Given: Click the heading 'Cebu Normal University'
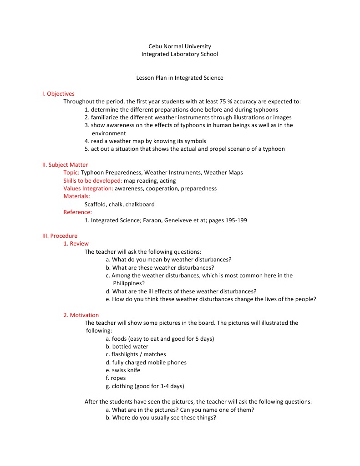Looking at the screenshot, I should [x=180, y=46].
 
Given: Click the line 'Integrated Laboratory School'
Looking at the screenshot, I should [x=180, y=54].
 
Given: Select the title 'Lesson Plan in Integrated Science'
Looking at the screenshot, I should [x=180, y=78].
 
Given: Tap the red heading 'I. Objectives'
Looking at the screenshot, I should [x=58, y=94].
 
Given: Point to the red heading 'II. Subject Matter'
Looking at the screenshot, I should [x=65, y=165].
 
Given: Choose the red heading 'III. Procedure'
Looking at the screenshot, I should [x=60, y=236].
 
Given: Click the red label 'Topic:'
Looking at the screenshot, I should [x=71, y=173].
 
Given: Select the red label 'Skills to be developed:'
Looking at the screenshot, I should [x=90, y=181].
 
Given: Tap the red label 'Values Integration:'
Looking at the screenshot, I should [x=88, y=189].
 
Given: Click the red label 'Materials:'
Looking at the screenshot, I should [x=76, y=196].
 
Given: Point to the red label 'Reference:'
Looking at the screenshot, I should [x=77, y=212].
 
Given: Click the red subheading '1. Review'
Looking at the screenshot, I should [x=76, y=244].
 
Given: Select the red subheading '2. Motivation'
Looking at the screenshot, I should [x=81, y=315].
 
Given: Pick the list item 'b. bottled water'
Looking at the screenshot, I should [x=127, y=347].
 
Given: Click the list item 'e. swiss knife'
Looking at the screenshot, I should [x=123, y=370].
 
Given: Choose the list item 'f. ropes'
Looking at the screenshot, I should [x=116, y=378].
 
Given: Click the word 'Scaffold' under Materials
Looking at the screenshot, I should [x=96, y=205].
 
